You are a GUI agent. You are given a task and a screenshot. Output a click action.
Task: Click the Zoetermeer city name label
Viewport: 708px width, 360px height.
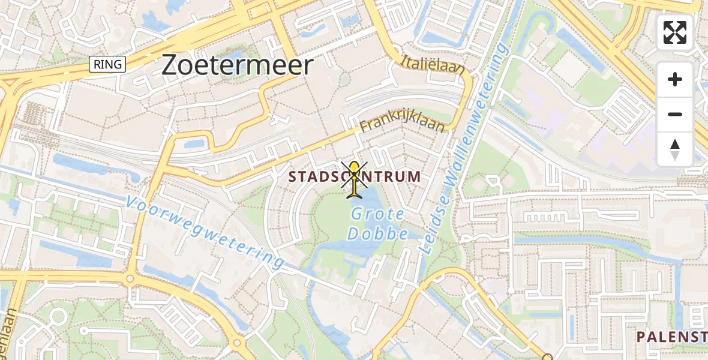(x=237, y=65)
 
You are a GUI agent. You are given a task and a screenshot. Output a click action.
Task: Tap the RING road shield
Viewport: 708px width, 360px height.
(x=107, y=64)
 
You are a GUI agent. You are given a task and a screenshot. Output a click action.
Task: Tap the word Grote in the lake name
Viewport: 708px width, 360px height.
(x=377, y=214)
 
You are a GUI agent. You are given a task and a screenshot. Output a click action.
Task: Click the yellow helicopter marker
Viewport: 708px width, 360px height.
(x=355, y=178)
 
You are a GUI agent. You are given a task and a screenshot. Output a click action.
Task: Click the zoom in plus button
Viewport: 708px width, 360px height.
(x=675, y=79)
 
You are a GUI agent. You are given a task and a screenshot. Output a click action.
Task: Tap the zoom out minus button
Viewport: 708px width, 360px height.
(x=675, y=114)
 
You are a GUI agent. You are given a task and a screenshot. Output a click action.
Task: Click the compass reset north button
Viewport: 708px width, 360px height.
(x=675, y=149)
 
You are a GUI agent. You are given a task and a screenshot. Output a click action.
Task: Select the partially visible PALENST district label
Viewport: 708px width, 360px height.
(x=672, y=337)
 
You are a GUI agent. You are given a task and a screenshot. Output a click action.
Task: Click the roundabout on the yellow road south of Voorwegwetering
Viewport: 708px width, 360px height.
(x=130, y=279)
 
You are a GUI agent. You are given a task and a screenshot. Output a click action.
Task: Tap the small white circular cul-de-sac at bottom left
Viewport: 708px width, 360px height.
(x=58, y=316)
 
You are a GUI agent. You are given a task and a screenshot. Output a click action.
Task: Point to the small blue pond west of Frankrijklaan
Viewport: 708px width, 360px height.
(x=195, y=144)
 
